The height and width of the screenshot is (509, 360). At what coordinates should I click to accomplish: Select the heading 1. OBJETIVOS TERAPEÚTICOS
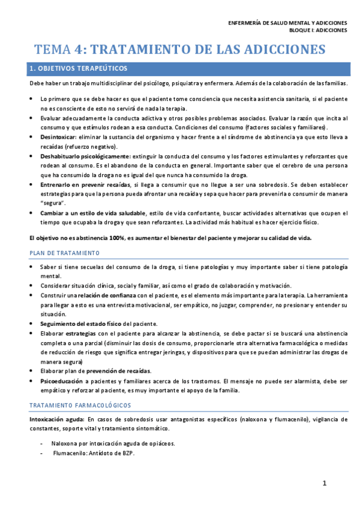pos(78,69)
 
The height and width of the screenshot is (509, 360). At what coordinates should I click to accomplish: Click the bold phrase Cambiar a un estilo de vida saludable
pos(93,212)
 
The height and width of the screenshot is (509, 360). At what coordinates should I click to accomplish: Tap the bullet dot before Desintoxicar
pos(32,137)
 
